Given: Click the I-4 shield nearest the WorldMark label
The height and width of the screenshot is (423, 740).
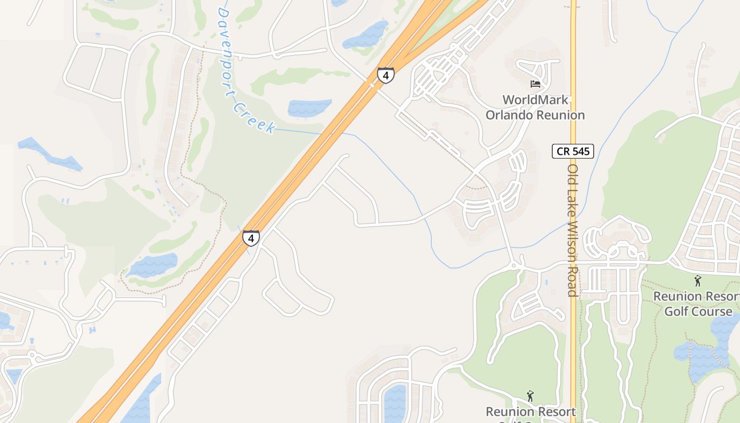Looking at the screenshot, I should coord(385,75).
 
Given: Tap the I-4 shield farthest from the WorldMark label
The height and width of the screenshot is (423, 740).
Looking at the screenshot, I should coord(251,238).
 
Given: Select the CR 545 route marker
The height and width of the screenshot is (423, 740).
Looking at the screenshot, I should coord(573,151).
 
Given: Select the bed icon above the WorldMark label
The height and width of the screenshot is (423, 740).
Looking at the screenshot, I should coord(535,84).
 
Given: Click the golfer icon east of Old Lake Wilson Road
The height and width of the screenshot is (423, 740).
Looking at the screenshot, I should coord(698,281).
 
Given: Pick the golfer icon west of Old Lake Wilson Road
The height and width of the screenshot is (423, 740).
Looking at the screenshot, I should coord(530,396).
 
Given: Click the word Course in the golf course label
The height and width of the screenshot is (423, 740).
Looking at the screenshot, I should coord(710,311).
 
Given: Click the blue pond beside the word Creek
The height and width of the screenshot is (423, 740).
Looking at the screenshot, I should coord(309,107).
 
